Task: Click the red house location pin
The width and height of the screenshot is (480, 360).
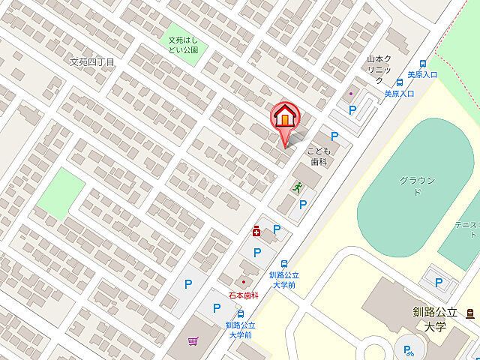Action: click(x=284, y=118)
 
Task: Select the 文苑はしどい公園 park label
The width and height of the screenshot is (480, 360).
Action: click(x=182, y=45)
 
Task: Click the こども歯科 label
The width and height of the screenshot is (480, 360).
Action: click(x=318, y=156)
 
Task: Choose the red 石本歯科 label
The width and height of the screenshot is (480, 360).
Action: click(x=243, y=295)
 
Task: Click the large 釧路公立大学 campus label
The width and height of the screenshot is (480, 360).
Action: click(x=434, y=319)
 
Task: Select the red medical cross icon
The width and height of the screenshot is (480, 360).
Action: click(x=256, y=232)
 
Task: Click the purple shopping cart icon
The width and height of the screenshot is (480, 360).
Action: click(x=193, y=341)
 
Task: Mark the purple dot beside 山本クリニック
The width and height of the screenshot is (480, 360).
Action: click(x=351, y=94)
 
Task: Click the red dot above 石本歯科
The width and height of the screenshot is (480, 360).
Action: click(x=243, y=283)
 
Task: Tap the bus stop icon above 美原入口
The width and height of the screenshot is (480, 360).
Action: click(x=422, y=64)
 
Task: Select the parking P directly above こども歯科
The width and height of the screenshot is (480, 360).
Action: click(x=334, y=136)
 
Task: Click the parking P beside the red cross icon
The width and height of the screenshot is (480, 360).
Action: click(x=277, y=229)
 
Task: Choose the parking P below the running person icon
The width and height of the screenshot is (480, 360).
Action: click(x=302, y=204)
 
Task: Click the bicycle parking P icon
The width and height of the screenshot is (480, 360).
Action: click(x=408, y=349)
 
